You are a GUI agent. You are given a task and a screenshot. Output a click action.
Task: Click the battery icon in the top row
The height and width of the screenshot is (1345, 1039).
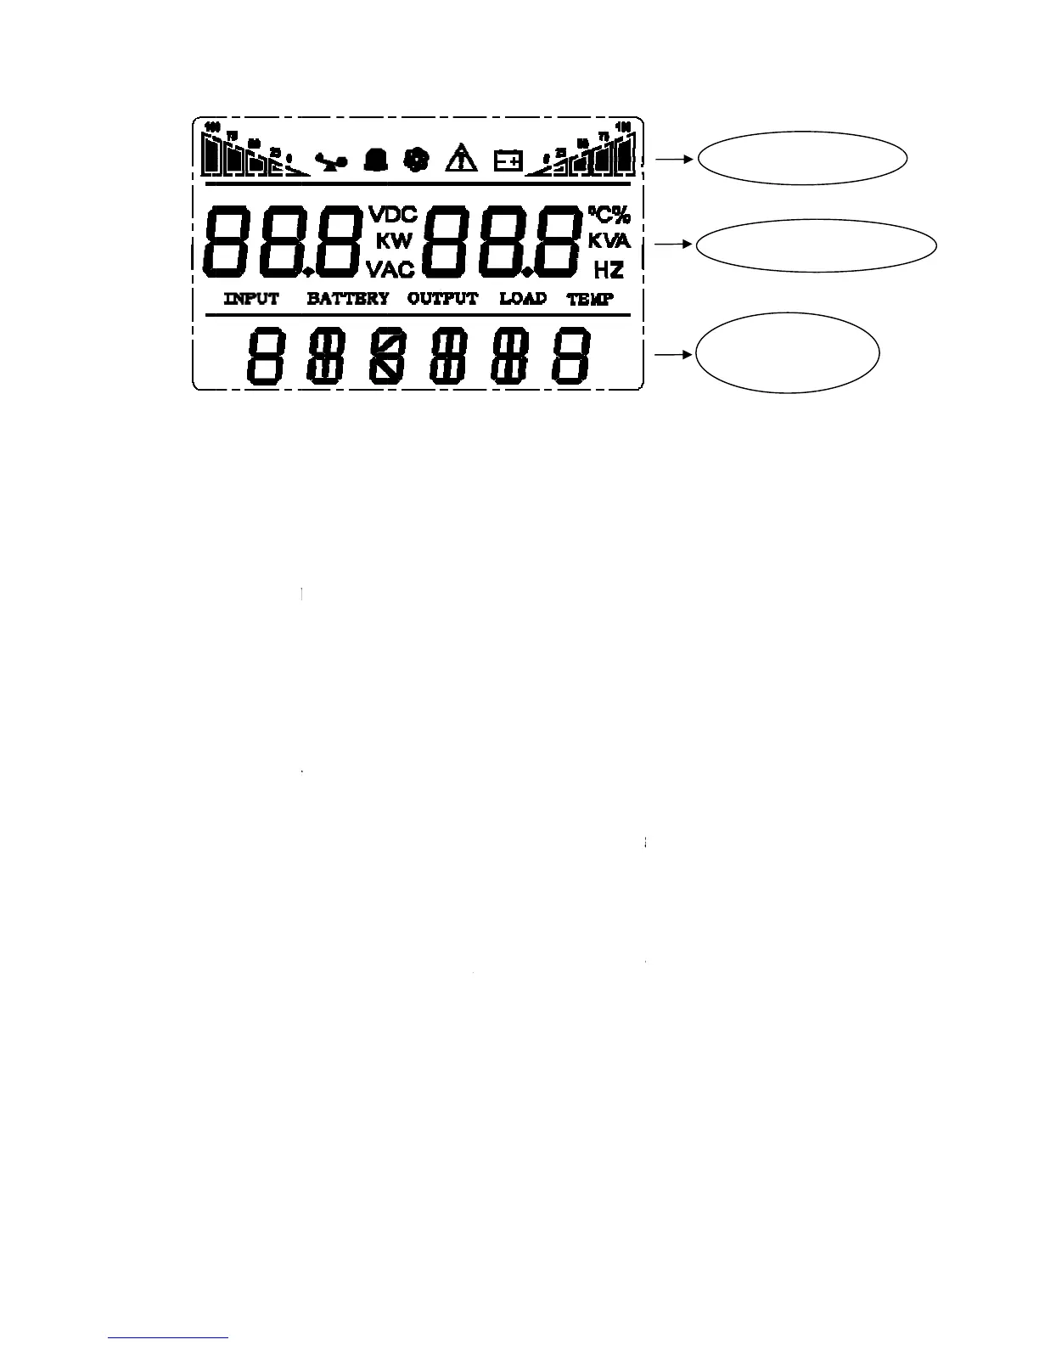coord(508,160)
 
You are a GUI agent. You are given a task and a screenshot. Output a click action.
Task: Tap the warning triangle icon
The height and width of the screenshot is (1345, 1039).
coord(462,159)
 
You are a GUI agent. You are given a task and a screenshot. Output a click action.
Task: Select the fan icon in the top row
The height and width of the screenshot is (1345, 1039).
coord(416,160)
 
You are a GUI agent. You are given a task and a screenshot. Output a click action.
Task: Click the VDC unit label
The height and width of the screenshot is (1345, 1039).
coord(392,213)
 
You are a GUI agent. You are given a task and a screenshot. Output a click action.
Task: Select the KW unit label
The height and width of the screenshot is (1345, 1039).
coord(394,241)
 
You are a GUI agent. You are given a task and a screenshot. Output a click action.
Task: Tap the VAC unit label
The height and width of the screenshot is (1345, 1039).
coord(390,270)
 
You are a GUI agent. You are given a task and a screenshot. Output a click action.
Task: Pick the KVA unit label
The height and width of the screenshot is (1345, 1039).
coord(609,241)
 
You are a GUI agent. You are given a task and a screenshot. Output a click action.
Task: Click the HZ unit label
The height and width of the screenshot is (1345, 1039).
coord(609,270)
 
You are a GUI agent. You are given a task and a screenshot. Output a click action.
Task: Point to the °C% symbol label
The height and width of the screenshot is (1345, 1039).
coord(609,214)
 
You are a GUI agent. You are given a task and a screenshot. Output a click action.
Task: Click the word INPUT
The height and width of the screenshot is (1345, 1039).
coord(251,299)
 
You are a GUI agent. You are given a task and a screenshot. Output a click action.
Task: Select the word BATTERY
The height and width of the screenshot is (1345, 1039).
coord(348,299)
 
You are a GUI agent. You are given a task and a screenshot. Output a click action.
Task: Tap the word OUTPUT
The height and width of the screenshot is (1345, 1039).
coord(442,299)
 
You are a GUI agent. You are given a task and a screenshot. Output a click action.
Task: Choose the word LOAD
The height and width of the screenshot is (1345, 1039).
coord(523,299)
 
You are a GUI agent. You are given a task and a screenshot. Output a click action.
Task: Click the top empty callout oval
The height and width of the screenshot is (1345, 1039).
coord(802,157)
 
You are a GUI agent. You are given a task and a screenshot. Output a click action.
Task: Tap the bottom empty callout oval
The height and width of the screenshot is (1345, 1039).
coord(787,354)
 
